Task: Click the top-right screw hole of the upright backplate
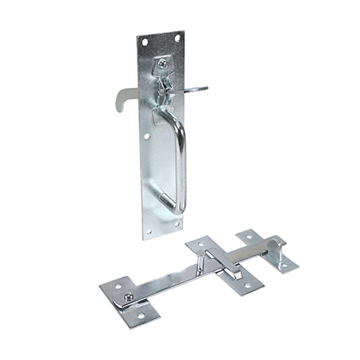tap(176, 37)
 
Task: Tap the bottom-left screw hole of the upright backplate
tap(149, 231)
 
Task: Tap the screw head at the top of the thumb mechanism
tap(163, 64)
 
